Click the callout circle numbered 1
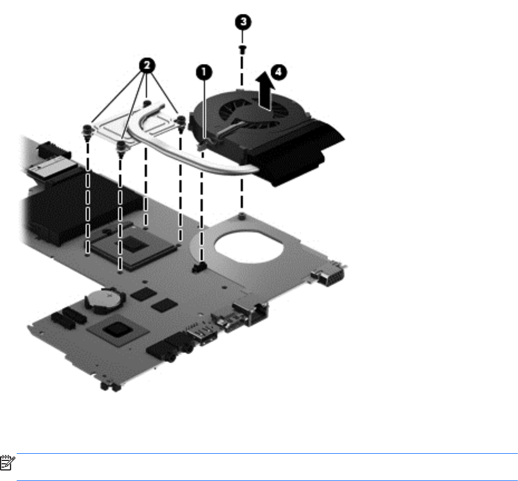(204, 72)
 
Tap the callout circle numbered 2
(147, 65)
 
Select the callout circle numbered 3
(243, 22)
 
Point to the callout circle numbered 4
(278, 72)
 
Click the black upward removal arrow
(266, 91)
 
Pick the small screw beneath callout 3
(242, 49)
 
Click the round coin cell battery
(105, 300)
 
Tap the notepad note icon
(7, 463)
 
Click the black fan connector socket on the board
(199, 267)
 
